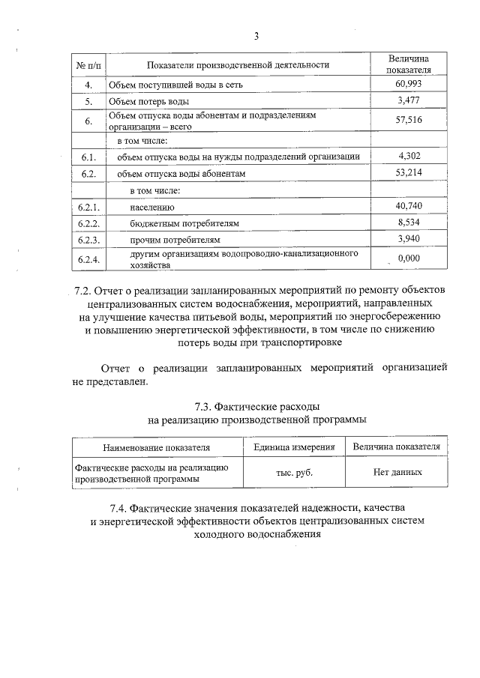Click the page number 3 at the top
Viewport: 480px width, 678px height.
[x=256, y=36]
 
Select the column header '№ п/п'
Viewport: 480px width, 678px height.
[x=88, y=65]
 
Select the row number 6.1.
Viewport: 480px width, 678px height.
[x=88, y=157]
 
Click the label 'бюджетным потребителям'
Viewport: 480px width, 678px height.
[x=178, y=223]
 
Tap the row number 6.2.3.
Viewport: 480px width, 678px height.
[x=88, y=240]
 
